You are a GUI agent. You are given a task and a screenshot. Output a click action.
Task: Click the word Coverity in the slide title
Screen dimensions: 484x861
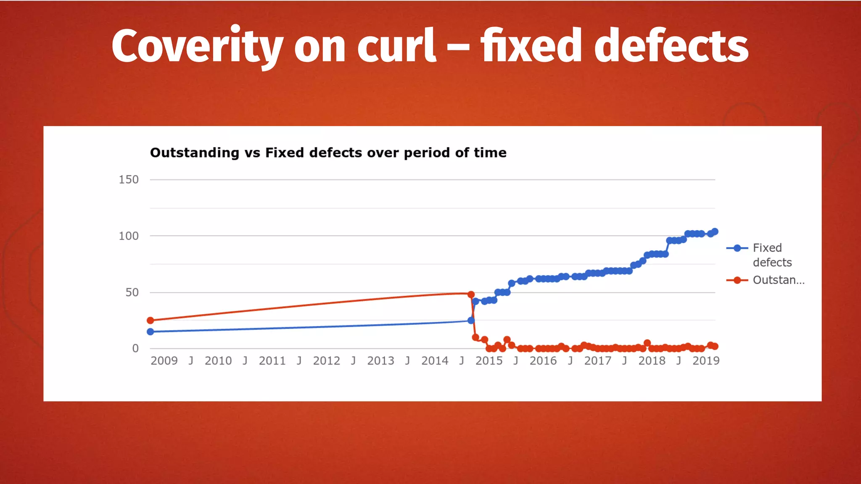197,45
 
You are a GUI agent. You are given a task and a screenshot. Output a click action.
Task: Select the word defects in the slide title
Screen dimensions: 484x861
671,45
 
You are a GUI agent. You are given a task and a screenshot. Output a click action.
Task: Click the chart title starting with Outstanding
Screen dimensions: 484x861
328,153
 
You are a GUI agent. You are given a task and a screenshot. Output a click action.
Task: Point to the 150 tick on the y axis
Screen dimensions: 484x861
129,180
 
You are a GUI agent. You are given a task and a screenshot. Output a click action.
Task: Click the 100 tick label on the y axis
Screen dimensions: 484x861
129,236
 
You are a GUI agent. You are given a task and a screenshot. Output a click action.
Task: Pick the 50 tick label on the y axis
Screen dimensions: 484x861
132,292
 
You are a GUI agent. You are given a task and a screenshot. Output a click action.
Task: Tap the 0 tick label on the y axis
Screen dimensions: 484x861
135,348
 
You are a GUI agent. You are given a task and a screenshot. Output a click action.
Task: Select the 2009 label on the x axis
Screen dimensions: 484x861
164,361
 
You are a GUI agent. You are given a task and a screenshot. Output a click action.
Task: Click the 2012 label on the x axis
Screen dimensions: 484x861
326,361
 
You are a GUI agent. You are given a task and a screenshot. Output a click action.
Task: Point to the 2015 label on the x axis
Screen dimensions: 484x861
489,361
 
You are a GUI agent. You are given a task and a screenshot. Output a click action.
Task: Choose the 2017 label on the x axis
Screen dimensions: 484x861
597,361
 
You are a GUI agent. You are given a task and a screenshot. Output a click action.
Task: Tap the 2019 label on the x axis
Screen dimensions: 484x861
706,361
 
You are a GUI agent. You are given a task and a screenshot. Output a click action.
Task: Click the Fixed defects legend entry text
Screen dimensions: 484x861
772,255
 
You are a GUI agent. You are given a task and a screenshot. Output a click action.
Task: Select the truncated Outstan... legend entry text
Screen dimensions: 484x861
779,280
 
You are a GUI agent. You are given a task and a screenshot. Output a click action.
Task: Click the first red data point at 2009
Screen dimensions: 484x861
151,321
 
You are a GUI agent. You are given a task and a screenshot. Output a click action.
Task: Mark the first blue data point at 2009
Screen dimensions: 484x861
151,332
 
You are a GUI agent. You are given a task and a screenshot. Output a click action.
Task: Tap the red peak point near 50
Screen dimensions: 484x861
471,295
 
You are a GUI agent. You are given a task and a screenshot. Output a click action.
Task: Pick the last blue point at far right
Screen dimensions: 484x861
715,231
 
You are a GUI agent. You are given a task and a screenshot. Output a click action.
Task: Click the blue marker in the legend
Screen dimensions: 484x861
737,248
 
